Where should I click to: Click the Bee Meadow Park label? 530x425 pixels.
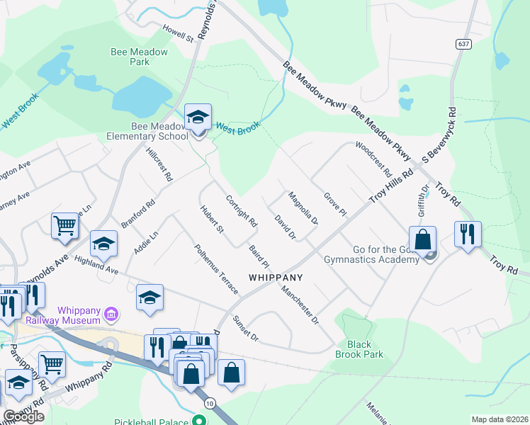click(x=140, y=57)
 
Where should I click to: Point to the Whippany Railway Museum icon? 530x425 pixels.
click(x=111, y=313)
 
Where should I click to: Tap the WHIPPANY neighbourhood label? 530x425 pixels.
click(x=276, y=278)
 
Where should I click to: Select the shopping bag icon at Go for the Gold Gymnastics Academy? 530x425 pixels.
click(x=423, y=239)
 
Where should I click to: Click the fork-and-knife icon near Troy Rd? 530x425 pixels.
click(x=468, y=234)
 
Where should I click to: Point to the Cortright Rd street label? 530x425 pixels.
click(x=241, y=210)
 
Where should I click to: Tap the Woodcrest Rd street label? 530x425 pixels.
click(x=373, y=159)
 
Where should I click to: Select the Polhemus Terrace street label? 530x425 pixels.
click(x=215, y=268)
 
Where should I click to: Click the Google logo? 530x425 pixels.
click(x=23, y=416)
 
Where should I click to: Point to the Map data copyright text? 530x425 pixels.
click(x=500, y=419)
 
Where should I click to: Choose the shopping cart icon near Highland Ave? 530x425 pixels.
click(x=64, y=226)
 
